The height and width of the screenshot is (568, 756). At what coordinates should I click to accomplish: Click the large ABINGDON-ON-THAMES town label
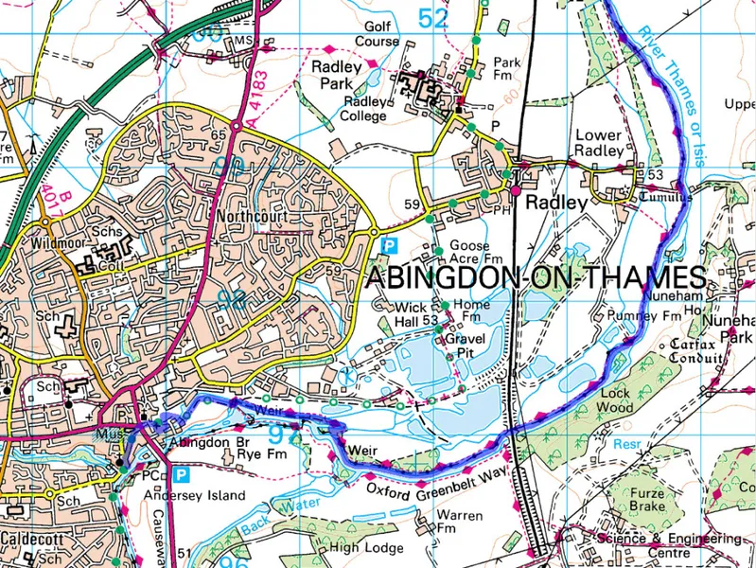(x=536, y=278)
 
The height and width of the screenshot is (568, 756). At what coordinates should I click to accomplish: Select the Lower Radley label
(x=599, y=143)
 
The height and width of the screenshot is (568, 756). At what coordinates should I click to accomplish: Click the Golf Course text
(x=377, y=34)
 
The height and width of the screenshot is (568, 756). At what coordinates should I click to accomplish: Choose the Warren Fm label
(x=459, y=523)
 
